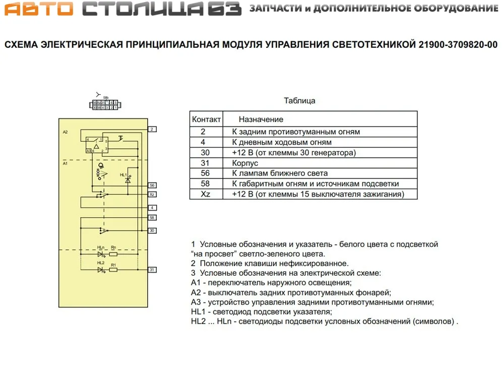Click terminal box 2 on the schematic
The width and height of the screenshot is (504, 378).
152,130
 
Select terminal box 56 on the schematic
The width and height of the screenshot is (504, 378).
152,185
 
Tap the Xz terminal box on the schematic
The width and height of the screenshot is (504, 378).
152,194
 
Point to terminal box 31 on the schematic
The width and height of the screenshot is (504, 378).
152,270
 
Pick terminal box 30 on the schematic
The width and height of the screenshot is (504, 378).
152,230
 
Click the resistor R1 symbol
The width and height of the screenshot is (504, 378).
114,270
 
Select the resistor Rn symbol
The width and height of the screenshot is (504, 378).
114,254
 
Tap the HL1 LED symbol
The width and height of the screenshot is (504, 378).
128,180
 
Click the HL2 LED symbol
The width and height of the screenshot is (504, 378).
101,270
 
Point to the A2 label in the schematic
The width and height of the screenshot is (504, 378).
65,132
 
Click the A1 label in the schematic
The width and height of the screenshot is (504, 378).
65,164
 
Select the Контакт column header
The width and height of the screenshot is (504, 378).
206,119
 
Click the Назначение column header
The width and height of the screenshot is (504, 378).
261,119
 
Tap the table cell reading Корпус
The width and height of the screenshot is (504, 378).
245,163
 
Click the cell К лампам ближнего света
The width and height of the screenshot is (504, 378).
280,173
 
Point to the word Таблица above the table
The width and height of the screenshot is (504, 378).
299,100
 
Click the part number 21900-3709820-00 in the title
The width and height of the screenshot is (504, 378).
458,45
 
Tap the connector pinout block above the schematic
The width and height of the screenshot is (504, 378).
105,105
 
